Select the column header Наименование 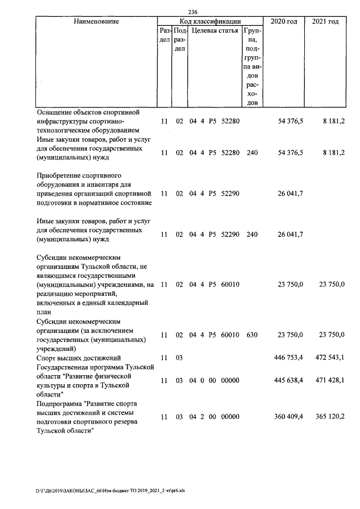pos(96,21)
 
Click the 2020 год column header pos(284,21)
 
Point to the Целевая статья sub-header pos(215,30)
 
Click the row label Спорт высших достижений pos(78,357)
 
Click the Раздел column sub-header pos(164,35)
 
